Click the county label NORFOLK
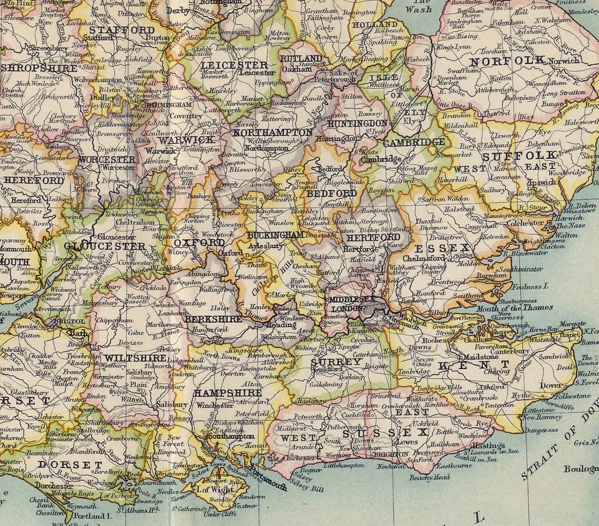[507, 61]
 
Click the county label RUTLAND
[301, 59]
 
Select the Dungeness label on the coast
[524, 429]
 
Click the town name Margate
[573, 324]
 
